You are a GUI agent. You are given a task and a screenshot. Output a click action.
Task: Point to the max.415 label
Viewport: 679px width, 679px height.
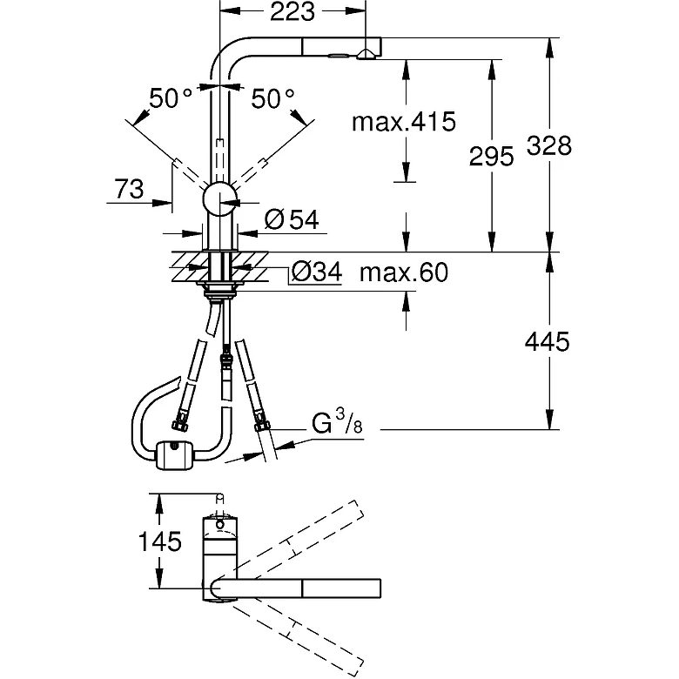click(403, 122)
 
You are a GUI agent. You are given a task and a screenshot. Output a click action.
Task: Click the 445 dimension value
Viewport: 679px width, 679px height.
click(546, 342)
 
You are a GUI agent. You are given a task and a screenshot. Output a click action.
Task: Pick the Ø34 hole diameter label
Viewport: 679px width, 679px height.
click(313, 273)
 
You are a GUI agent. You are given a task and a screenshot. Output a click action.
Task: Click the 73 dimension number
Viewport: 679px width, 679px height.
click(128, 189)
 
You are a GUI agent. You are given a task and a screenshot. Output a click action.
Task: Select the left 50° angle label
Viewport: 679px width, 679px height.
click(170, 99)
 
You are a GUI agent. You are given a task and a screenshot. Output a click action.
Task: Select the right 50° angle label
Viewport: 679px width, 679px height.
click(273, 99)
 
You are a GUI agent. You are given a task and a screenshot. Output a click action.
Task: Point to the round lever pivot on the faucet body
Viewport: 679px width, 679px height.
click(219, 199)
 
